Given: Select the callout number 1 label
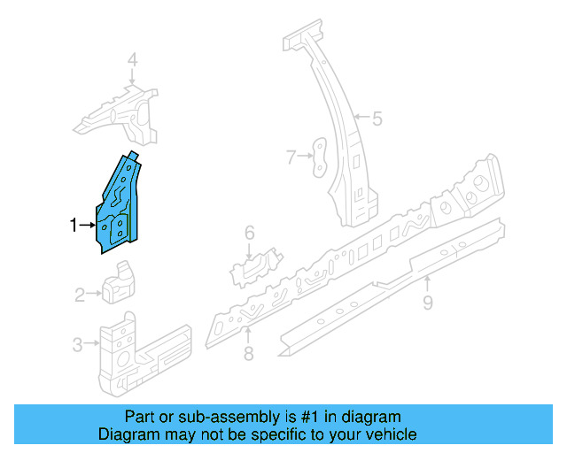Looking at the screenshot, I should tap(74, 226).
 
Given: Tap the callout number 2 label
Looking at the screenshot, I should tap(80, 295).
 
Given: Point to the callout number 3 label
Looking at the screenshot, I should tap(78, 344).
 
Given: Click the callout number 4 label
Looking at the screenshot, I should tap(132, 60).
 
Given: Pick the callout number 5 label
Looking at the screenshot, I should tap(377, 118).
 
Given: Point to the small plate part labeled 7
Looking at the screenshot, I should tap(318, 155).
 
